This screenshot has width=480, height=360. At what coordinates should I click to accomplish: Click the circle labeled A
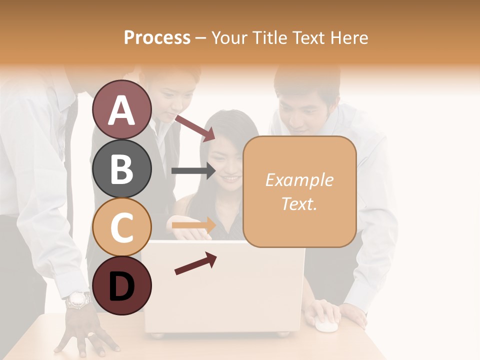coord(122,109)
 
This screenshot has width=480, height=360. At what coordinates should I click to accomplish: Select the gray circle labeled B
coord(122,168)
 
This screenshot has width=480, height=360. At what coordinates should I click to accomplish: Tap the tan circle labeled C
coord(122,227)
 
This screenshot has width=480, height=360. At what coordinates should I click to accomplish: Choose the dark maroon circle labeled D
coord(122,285)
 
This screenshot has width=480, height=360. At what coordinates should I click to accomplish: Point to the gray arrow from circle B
coord(193,171)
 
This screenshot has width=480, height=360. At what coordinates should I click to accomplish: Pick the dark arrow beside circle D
coord(195,263)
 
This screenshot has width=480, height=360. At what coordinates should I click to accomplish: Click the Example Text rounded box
coord(299,191)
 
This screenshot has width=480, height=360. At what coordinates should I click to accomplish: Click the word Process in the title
coord(157,37)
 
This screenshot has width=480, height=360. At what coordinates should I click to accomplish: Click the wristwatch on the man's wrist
coord(78,300)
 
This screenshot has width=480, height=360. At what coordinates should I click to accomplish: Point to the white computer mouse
coord(325,325)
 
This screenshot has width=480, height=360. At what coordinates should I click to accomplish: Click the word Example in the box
coord(299,180)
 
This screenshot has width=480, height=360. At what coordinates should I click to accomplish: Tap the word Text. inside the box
coord(299,203)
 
